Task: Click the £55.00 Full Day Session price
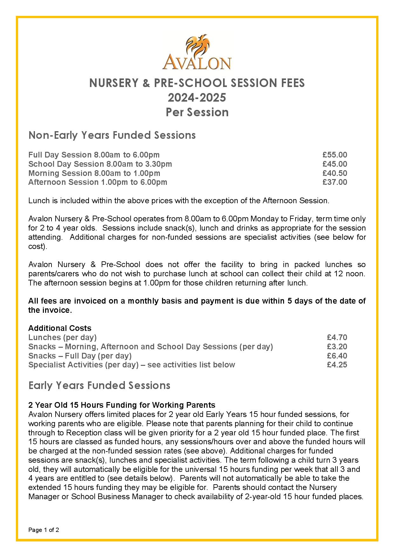click(x=335, y=155)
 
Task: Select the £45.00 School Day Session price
click(x=335, y=164)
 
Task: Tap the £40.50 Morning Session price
click(x=335, y=173)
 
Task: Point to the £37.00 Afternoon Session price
click(x=335, y=182)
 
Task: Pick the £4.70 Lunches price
click(x=337, y=337)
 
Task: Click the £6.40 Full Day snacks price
click(x=337, y=356)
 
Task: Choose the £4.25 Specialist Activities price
click(x=337, y=365)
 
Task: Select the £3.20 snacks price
click(x=337, y=346)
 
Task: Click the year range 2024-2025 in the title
click(x=197, y=97)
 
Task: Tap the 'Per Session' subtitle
click(x=197, y=112)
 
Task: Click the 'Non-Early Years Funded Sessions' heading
click(x=112, y=135)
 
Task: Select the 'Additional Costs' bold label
click(x=60, y=328)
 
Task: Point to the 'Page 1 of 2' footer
click(x=44, y=530)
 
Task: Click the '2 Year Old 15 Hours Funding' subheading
click(x=122, y=405)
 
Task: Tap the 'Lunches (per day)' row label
click(x=62, y=337)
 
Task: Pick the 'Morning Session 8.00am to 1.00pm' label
click(x=94, y=173)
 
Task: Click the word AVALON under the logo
click(x=197, y=63)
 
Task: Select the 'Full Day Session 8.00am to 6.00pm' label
click(x=94, y=155)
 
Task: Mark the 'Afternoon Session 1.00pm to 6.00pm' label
click(x=98, y=182)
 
